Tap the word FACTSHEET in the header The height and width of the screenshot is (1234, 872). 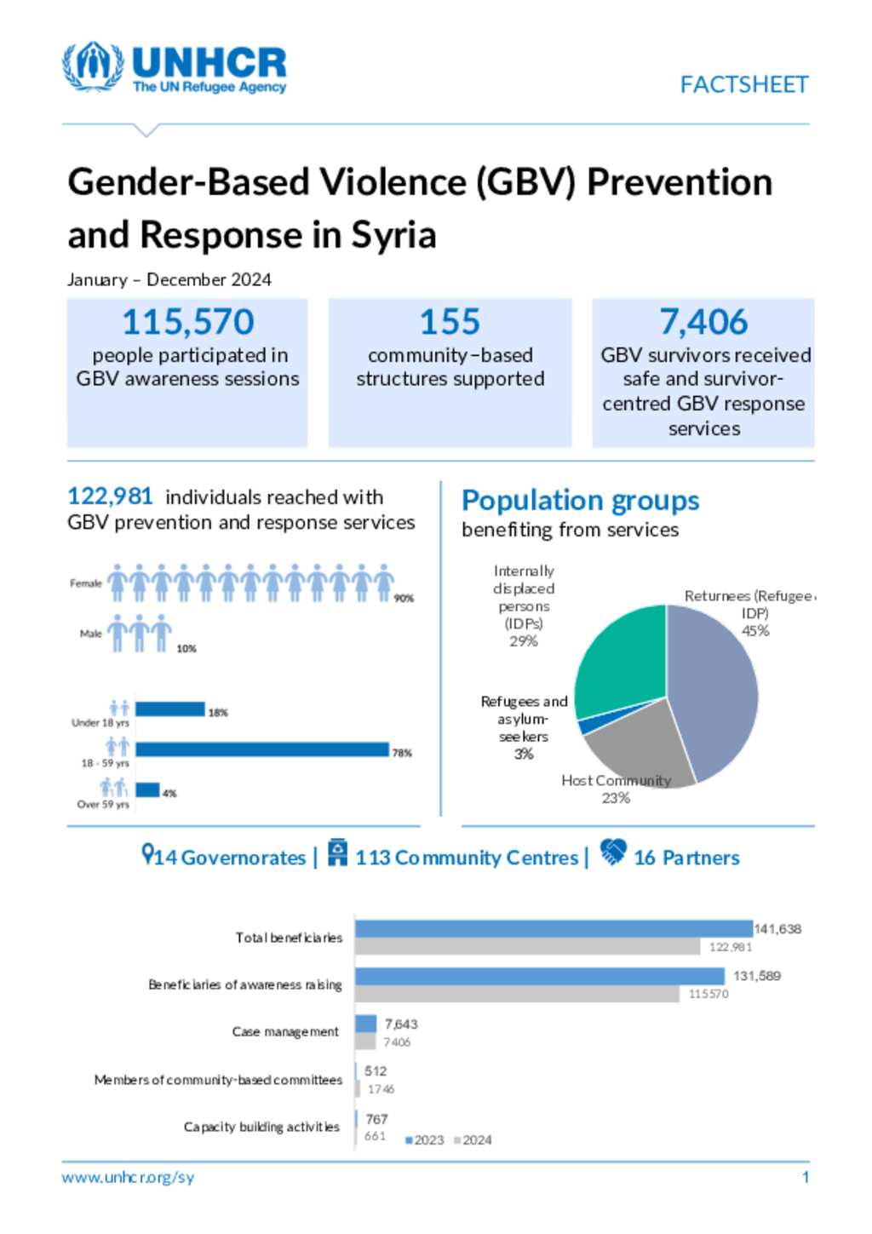[743, 85]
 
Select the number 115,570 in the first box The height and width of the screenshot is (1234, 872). [188, 322]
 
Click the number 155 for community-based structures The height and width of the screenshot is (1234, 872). [450, 322]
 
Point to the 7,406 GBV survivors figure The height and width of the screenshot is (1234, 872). [703, 322]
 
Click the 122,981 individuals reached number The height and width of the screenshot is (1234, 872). [110, 496]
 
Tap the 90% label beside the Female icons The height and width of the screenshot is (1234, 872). [404, 599]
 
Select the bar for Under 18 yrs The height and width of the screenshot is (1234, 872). [170, 709]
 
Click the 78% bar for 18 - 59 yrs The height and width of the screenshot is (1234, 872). [261, 749]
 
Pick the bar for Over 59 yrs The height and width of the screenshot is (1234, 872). [147, 790]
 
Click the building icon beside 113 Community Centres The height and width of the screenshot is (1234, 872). [338, 852]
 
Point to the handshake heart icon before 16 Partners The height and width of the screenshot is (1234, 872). [613, 852]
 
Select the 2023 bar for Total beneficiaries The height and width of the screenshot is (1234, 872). [554, 929]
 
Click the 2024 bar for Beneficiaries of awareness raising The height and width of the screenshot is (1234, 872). [518, 994]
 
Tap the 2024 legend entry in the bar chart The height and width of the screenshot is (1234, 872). [473, 1140]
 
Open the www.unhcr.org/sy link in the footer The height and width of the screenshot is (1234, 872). [128, 1178]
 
